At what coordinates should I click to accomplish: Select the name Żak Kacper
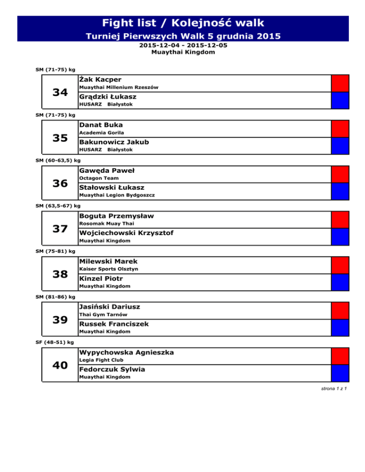(x=100, y=79)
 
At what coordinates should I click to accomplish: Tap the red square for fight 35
(x=340, y=129)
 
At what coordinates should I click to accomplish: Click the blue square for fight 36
(x=340, y=191)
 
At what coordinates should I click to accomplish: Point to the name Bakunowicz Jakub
(x=114, y=142)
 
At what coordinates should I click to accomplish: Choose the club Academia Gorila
(x=98, y=132)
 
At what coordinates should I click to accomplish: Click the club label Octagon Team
(x=96, y=178)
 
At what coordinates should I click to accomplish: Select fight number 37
(x=60, y=229)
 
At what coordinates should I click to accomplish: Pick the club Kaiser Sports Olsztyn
(x=109, y=269)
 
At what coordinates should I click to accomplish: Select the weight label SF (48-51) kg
(x=55, y=342)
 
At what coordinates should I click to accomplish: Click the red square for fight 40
(x=340, y=357)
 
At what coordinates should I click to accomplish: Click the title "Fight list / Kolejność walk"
(x=183, y=23)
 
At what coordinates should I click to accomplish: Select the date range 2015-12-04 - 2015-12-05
(x=182, y=46)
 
